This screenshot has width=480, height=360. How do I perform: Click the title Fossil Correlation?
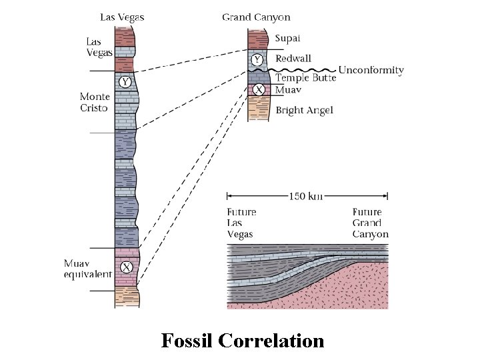point(243,341)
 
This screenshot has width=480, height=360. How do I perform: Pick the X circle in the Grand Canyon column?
point(259,89)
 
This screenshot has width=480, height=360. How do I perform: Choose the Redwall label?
point(293,59)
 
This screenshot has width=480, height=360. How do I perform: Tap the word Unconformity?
point(371,70)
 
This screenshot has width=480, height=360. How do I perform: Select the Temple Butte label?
point(305,78)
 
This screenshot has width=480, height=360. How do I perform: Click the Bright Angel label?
point(304,110)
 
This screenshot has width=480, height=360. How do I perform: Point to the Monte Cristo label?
point(94,102)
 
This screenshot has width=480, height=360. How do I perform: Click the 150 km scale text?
point(307,196)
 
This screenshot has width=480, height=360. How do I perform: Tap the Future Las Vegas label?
point(241,223)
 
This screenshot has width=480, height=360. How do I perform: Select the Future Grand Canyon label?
point(370,223)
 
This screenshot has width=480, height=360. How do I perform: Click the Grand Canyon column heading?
point(256,17)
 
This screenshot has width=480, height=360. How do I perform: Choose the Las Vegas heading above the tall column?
point(122,17)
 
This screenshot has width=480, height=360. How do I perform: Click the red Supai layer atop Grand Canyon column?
point(257,39)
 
